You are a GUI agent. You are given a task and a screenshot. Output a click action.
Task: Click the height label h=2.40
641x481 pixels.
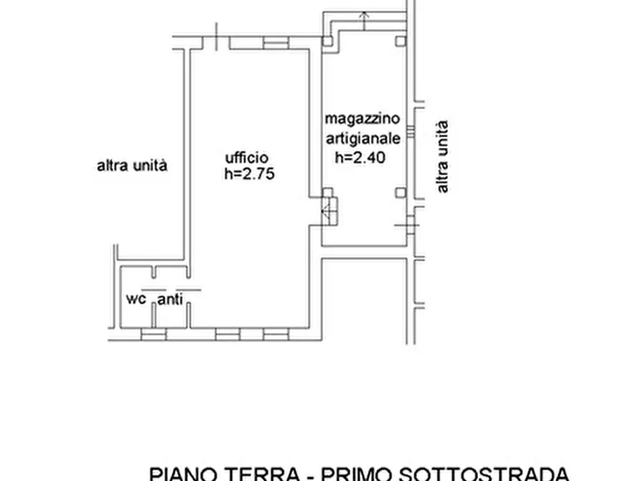tap(360, 158)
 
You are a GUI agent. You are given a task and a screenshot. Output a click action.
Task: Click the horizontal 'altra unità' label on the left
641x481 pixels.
tap(131, 166)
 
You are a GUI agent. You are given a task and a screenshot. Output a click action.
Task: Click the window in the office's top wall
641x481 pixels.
tap(275, 43)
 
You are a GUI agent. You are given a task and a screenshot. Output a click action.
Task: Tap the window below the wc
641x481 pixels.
tap(153, 334)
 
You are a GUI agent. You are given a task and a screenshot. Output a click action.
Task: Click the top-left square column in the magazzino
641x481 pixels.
tap(327, 41)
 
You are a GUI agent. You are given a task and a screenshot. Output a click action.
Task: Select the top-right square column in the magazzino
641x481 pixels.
tap(401, 41)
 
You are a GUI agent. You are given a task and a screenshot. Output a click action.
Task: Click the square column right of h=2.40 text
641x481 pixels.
tap(401, 192)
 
